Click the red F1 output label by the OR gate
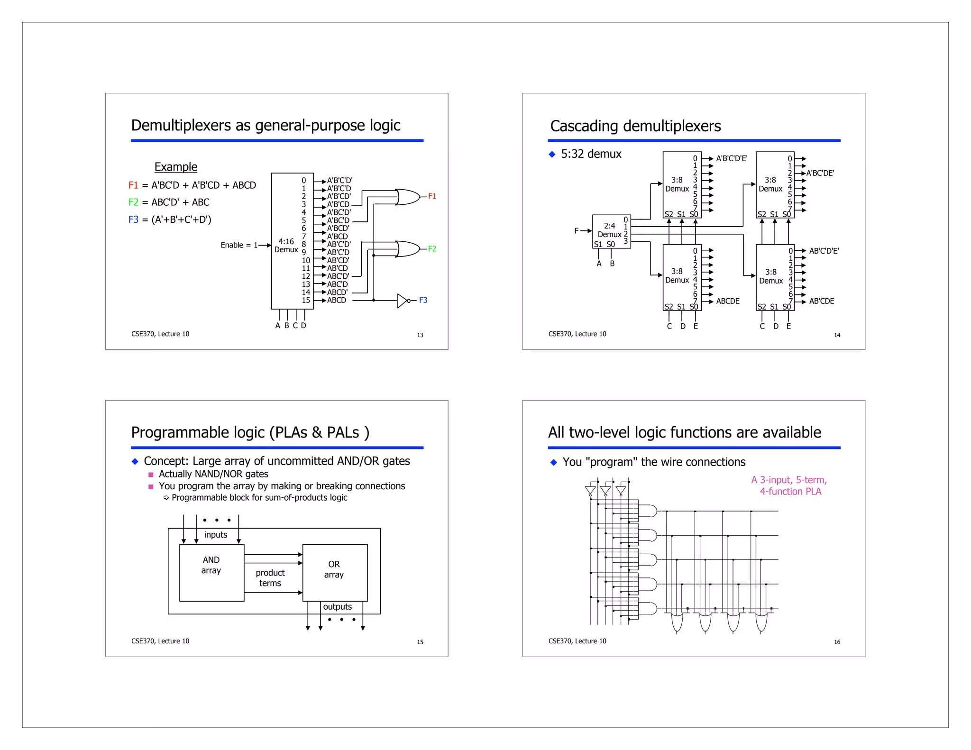coord(432,196)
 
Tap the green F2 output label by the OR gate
coord(432,248)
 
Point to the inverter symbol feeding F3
coord(402,301)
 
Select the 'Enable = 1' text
coord(239,245)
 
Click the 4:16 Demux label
coord(286,246)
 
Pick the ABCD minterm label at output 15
coord(337,300)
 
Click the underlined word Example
coord(175,167)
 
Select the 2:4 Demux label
coord(609,230)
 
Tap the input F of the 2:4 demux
coord(577,231)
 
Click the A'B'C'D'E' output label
coord(732,158)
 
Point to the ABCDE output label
coord(728,301)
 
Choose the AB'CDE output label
coord(822,301)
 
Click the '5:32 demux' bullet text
coord(591,154)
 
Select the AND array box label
coord(211,565)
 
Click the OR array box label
coord(334,569)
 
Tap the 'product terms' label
coord(270,578)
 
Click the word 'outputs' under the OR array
coord(337,607)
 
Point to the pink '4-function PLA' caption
coord(790,492)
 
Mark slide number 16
coord(837,642)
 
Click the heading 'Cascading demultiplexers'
coord(635,126)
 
